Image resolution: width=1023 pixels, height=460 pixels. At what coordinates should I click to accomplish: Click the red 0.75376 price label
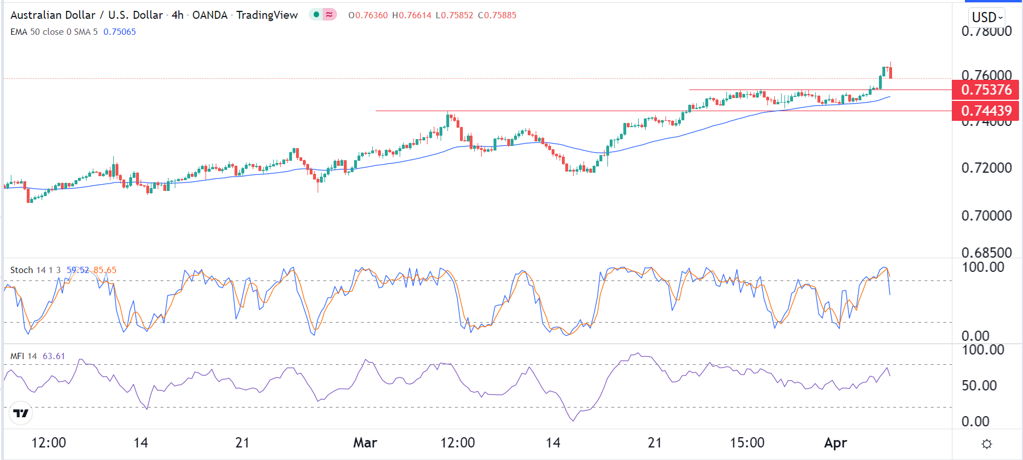coord(986,89)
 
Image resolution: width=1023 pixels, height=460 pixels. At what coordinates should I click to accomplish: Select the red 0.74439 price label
coord(986,111)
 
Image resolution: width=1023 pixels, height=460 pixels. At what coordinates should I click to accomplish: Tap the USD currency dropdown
coord(987,17)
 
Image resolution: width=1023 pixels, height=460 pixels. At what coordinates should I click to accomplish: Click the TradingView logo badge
coord(21,413)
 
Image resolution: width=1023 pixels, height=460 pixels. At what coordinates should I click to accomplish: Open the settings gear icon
coord(987,443)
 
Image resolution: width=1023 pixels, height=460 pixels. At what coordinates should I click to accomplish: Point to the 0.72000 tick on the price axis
coord(986,168)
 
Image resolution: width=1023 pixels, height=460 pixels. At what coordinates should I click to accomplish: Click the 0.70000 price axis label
coord(986,215)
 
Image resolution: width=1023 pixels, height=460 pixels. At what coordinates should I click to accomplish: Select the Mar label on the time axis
coord(365,442)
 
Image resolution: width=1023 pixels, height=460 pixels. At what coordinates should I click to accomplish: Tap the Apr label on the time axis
coord(835,442)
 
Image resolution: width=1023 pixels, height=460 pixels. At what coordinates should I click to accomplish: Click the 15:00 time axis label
coord(747,442)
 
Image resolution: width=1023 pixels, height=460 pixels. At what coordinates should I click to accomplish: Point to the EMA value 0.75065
coord(120,32)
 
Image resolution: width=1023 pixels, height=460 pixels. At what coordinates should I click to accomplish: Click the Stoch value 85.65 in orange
coord(105,270)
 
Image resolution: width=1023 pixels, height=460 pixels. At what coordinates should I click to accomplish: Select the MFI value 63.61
coord(54,356)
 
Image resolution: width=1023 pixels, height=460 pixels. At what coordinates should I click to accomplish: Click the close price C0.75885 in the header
coord(497,15)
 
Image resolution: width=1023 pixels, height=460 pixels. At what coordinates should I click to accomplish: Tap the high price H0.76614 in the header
coord(412,15)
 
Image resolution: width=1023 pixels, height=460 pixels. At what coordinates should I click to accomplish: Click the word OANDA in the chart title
coord(209,15)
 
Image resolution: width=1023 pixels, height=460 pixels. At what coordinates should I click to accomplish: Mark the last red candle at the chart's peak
coord(890,71)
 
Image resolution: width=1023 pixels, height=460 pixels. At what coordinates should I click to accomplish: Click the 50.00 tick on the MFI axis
coord(979,385)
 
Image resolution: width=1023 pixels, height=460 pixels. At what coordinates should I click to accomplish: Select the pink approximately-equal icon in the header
coord(330,15)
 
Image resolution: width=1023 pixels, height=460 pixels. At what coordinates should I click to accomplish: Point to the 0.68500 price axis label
coord(986,252)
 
